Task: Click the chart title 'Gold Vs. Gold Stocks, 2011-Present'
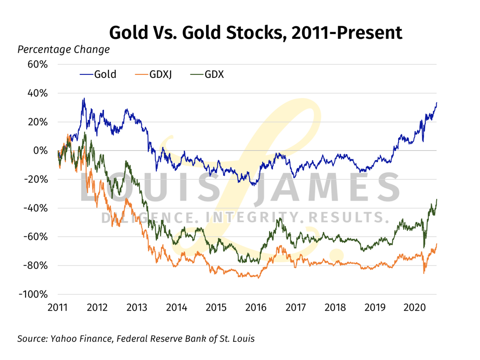point(255,33)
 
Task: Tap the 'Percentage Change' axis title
point(64,50)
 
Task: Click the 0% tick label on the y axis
point(40,151)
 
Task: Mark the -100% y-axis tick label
point(34,294)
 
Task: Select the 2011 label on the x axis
point(57,307)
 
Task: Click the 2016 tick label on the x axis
point(256,307)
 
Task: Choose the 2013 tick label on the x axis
point(137,307)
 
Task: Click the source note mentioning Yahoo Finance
point(136,339)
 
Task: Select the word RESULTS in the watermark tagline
point(345,217)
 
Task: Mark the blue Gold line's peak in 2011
point(84,98)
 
